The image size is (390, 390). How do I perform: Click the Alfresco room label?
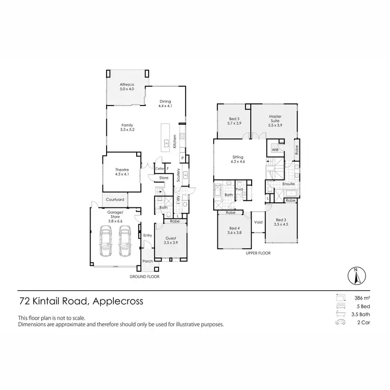pos(127,86)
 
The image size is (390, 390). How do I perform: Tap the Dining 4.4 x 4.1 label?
pos(165,103)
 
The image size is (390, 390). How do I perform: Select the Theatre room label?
pos(122,172)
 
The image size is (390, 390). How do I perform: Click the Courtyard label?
pos(114,200)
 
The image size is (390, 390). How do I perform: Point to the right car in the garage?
pos(125,244)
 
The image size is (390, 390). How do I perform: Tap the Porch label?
pos(148,261)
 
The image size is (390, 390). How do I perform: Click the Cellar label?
pos(159,168)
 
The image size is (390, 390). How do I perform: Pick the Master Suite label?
pos(275,119)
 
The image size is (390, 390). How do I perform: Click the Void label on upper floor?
pos(258,223)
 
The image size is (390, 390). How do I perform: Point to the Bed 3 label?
pos(281,222)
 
